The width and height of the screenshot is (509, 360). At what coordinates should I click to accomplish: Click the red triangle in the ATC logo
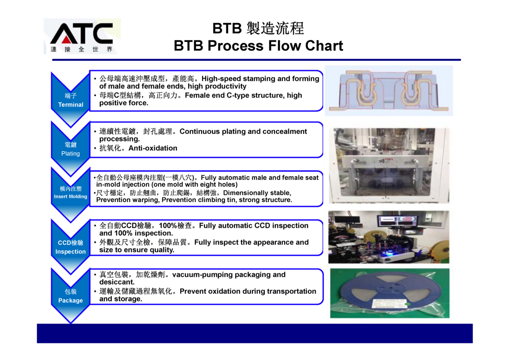(66, 39)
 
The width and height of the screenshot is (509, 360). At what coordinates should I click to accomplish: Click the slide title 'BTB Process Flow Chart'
(258, 46)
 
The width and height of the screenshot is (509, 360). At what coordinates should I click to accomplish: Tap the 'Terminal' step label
(71, 104)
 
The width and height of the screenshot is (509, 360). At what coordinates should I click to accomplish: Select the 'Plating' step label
(70, 154)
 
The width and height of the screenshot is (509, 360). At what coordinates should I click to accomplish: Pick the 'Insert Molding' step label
(70, 197)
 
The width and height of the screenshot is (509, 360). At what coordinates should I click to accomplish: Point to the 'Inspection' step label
(70, 251)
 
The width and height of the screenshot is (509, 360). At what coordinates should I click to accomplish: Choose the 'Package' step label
(70, 301)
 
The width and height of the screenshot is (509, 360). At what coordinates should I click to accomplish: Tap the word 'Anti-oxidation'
(153, 148)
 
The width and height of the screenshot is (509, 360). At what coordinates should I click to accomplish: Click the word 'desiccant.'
(117, 282)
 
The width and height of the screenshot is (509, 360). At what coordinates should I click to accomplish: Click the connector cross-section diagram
(389, 91)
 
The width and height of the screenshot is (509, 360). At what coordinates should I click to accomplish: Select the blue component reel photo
(390, 293)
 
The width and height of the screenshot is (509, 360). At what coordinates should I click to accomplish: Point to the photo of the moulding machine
(389, 165)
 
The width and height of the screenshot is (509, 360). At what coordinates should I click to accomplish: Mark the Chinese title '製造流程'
(275, 28)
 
